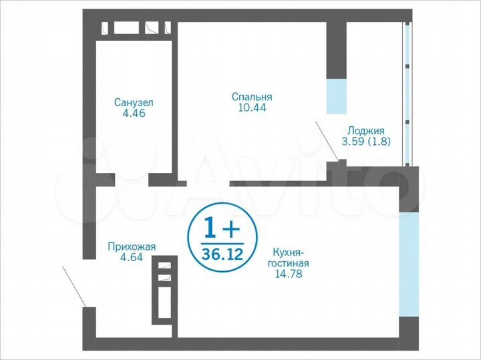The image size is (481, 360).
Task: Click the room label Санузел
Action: (x=134, y=102)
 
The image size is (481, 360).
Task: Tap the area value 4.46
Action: (x=134, y=113)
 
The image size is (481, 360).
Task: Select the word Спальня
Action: (x=252, y=96)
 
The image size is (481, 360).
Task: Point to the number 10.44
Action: (x=252, y=107)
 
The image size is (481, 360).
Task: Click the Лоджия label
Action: (x=365, y=130)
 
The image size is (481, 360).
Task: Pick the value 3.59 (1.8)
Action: (x=365, y=141)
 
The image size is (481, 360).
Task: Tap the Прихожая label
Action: (x=132, y=246)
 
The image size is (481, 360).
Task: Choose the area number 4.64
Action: (x=132, y=257)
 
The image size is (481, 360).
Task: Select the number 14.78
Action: (x=289, y=273)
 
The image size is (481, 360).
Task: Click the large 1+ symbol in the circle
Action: (x=220, y=229)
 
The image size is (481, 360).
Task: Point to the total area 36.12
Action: (x=220, y=254)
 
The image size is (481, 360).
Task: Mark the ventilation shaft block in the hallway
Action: (x=164, y=291)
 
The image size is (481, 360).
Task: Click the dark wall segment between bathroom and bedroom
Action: (x=173, y=100)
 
